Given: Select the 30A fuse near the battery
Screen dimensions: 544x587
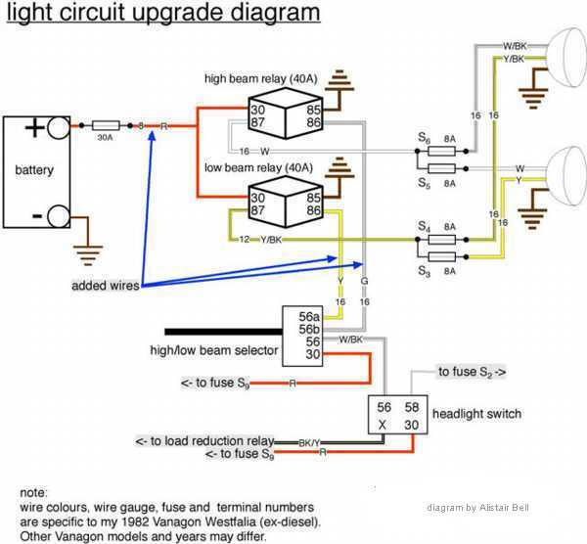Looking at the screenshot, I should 107,126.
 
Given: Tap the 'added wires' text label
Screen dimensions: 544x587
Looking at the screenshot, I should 105,286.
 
